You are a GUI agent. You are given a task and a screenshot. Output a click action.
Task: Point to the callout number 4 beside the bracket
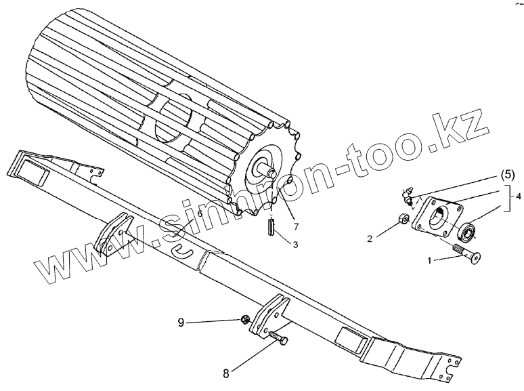click(x=518, y=198)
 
